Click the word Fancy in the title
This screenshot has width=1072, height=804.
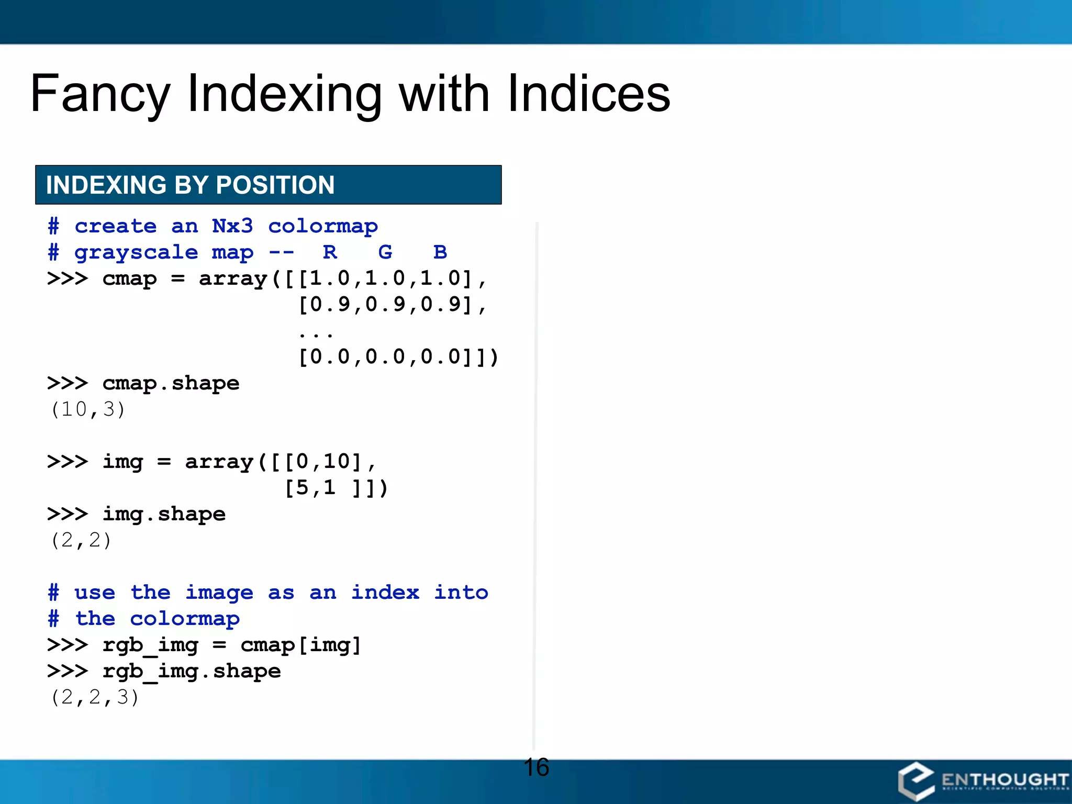tap(99, 94)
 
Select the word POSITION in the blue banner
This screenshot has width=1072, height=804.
tap(275, 185)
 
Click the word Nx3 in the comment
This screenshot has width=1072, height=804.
tap(232, 226)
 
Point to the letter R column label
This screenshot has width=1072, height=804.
tap(330, 252)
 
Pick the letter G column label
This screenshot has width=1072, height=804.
tap(385, 252)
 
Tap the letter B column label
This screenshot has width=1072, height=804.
tap(440, 252)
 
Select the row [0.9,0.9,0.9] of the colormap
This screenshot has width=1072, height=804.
tap(385, 305)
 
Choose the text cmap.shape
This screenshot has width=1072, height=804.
tap(171, 384)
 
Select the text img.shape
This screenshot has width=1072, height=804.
tap(164, 515)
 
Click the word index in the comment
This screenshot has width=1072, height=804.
tap(385, 593)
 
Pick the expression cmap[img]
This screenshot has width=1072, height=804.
tap(301, 645)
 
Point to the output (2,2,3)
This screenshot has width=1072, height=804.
tap(95, 697)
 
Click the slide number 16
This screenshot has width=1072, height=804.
tap(536, 767)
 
